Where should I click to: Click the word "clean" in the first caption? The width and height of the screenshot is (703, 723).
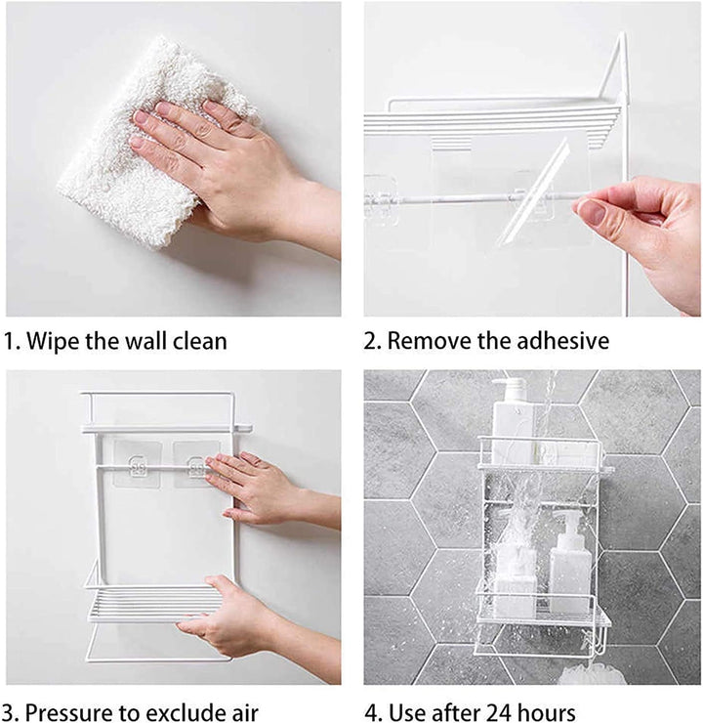click(200, 342)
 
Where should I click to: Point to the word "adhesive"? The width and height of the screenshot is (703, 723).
click(563, 341)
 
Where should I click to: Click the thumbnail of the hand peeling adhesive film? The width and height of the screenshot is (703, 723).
click(532, 159)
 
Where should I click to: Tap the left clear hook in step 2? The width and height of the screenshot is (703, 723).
click(381, 199)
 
